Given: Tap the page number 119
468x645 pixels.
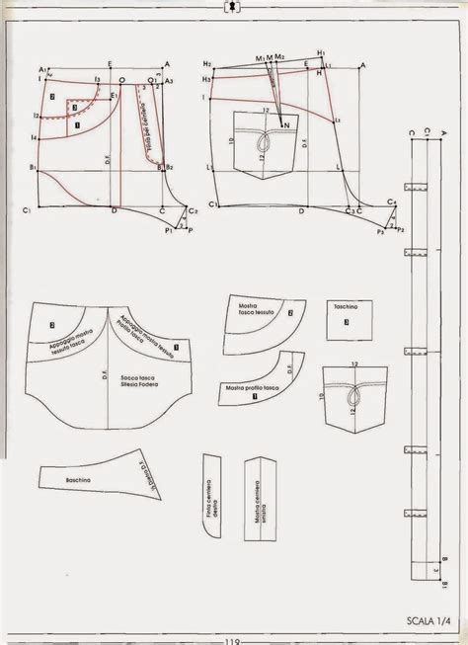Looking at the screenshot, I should pyautogui.click(x=233, y=637).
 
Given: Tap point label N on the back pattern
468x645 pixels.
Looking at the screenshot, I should pyautogui.click(x=286, y=125).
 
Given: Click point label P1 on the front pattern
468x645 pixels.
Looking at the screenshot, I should pyautogui.click(x=169, y=230).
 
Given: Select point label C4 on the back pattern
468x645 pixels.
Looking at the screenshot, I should pyautogui.click(x=392, y=202).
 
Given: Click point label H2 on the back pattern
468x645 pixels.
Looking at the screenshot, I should pyautogui.click(x=206, y=63).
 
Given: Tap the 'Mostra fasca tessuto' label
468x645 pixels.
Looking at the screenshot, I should pyautogui.click(x=259, y=312).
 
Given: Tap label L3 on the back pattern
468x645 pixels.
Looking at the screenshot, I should pyautogui.click(x=337, y=121).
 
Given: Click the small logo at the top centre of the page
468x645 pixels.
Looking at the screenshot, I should pyautogui.click(x=233, y=7).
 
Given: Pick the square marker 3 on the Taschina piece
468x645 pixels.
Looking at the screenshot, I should pyautogui.click(x=351, y=326).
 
